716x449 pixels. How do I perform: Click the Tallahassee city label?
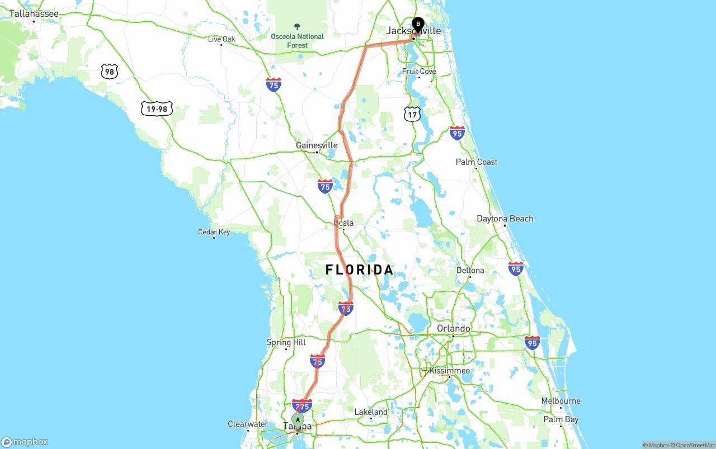click(x=34, y=13)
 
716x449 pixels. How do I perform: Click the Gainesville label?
click(x=317, y=145)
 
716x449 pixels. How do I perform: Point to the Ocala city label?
click(x=343, y=223)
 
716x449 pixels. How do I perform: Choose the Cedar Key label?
click(x=214, y=232)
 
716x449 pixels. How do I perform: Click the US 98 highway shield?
click(x=110, y=71)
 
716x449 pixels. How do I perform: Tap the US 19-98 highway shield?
click(x=157, y=108)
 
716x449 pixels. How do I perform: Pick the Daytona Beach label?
click(x=505, y=219)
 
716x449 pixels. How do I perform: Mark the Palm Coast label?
click(x=476, y=162)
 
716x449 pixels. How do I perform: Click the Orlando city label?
click(x=453, y=328)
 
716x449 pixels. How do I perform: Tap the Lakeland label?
click(x=371, y=412)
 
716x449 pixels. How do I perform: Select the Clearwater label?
click(x=248, y=424)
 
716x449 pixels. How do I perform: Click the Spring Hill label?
click(x=286, y=342)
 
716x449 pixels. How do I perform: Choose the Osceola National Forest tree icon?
click(x=297, y=26)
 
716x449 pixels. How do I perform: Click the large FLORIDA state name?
click(x=360, y=270)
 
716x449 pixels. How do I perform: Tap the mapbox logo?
click(x=25, y=442)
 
